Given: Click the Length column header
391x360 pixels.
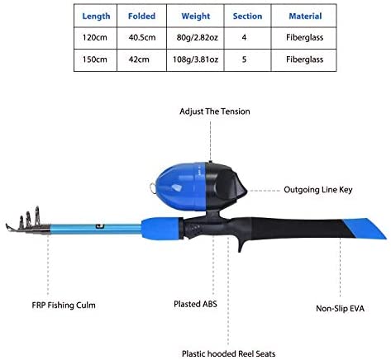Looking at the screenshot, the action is click(x=96, y=17).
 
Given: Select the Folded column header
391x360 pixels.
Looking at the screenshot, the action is click(x=141, y=16).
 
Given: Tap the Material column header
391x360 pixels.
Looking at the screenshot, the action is click(x=305, y=17).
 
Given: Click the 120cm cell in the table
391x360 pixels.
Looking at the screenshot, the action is click(x=95, y=37).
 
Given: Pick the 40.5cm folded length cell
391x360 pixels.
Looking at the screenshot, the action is click(x=142, y=37).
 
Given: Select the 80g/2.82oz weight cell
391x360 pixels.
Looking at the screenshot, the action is click(x=197, y=37).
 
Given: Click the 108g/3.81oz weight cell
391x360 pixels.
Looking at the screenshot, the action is click(x=195, y=59).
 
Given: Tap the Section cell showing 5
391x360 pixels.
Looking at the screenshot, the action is click(x=244, y=59).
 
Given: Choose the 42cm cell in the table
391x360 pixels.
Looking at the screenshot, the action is click(x=139, y=59).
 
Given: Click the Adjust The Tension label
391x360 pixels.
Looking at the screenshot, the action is click(x=215, y=111).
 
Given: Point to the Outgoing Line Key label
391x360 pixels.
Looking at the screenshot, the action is click(x=318, y=190).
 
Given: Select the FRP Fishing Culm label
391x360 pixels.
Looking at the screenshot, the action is click(x=64, y=306).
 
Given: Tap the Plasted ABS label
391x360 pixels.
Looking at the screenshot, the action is click(x=195, y=304).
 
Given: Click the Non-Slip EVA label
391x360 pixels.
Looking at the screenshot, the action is click(x=340, y=309).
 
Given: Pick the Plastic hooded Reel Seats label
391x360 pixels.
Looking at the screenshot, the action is click(x=228, y=353).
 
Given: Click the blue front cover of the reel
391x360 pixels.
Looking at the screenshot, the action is click(x=180, y=186).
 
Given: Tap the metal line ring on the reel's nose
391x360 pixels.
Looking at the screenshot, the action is click(x=153, y=189).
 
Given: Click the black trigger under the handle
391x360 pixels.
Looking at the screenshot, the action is click(x=241, y=243).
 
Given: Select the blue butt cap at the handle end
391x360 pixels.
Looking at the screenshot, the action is click(x=365, y=228).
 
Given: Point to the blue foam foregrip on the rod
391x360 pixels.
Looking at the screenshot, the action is click(x=162, y=229).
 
